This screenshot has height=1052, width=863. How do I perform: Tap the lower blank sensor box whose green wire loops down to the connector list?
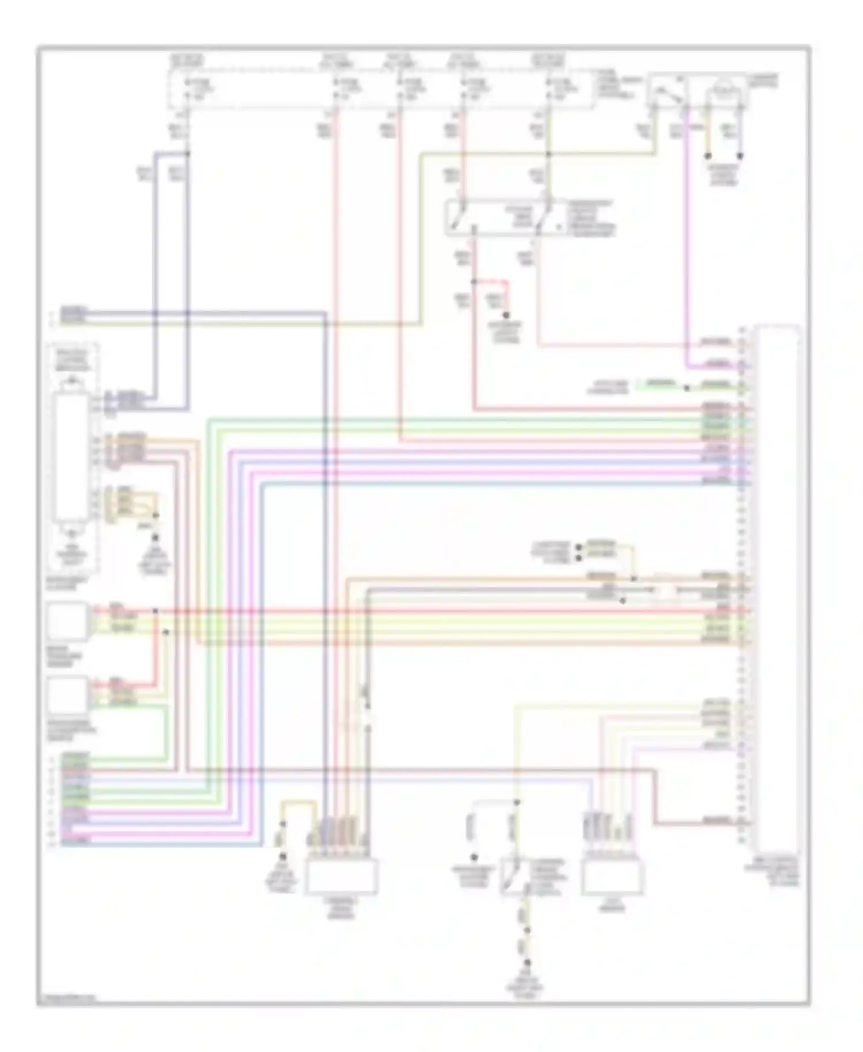[x=68, y=695]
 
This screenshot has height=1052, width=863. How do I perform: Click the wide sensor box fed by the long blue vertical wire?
[x=341, y=876]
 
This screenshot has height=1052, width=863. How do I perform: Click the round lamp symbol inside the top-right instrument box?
[x=725, y=90]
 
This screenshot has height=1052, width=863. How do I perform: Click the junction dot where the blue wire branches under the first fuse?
[x=188, y=154]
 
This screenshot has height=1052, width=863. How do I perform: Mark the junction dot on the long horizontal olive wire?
[x=548, y=154]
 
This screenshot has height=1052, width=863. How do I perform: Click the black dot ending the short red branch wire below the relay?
[x=506, y=315]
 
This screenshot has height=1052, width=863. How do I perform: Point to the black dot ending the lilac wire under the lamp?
[x=740, y=156]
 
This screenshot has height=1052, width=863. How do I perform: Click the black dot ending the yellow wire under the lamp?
[x=708, y=156]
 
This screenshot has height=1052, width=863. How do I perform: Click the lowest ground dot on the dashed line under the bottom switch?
[x=527, y=962]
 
